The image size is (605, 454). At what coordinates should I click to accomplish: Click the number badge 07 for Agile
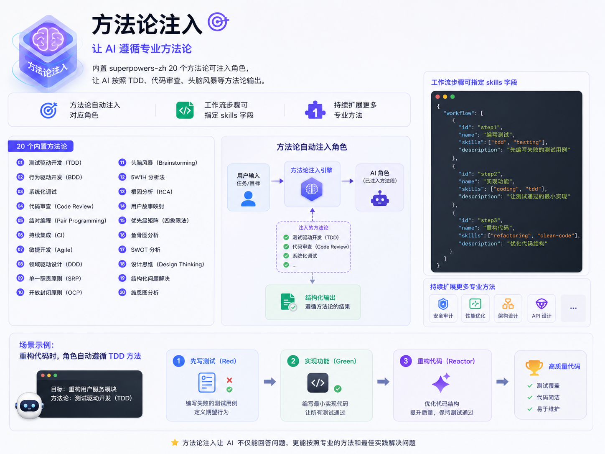[x=20, y=250]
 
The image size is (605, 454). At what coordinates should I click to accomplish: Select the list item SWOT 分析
[x=145, y=250]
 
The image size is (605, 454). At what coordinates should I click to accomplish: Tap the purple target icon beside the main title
[x=218, y=22]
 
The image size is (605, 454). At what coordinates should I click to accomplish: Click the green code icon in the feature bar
[x=185, y=110]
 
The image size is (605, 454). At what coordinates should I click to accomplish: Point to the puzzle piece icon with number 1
[x=315, y=110]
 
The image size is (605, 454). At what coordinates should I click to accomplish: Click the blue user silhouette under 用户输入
[x=248, y=199]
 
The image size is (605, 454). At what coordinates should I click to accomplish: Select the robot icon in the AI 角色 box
[x=379, y=199]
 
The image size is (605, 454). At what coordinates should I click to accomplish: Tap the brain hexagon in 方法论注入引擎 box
[x=312, y=189]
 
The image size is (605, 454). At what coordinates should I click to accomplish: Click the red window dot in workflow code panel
[x=437, y=97]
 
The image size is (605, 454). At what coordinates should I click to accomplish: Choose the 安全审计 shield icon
[x=443, y=304]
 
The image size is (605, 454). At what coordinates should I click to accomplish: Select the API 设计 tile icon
[x=541, y=304]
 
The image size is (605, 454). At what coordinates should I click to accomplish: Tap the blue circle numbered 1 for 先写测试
[x=178, y=361]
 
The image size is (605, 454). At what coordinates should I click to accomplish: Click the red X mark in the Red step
[x=229, y=380]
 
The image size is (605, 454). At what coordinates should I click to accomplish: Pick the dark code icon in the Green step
[x=318, y=383]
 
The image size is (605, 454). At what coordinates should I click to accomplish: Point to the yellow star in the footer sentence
[x=175, y=442]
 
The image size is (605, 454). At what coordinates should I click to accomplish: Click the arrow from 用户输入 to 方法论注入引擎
[x=277, y=181]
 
